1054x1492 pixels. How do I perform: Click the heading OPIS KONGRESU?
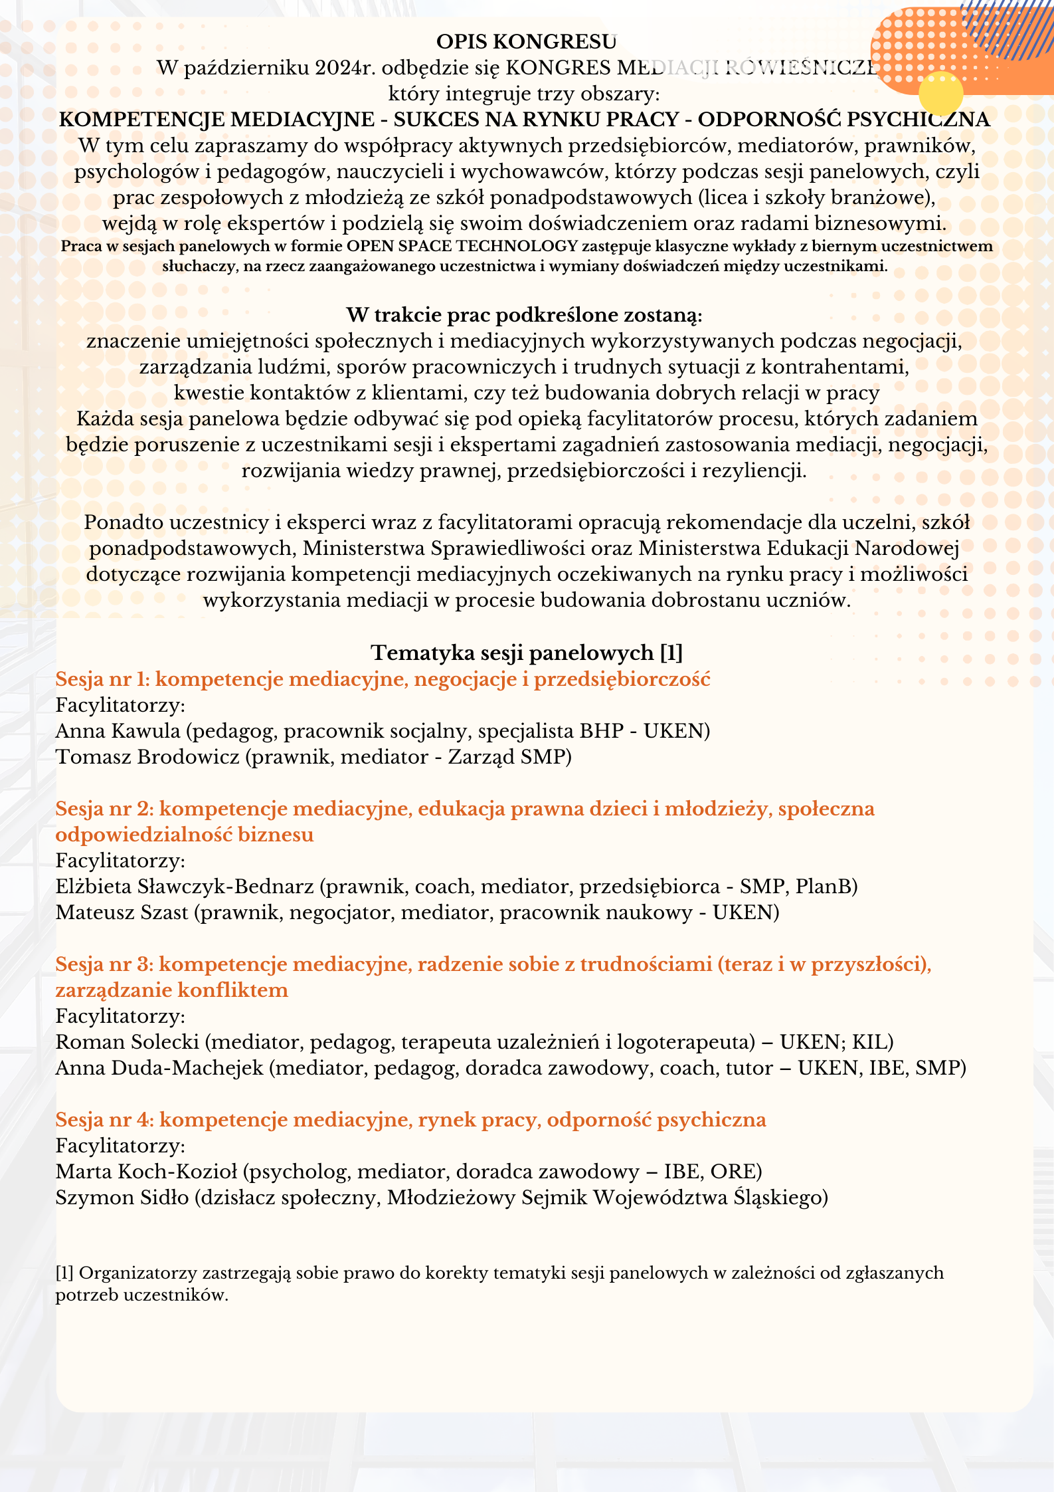point(526,42)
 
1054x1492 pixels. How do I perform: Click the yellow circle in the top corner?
point(940,94)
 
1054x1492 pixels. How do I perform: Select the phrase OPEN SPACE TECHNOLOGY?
point(462,247)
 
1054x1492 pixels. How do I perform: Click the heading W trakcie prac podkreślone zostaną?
point(524,314)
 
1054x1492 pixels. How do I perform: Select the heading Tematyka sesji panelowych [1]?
point(527,653)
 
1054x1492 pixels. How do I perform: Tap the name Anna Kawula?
point(118,731)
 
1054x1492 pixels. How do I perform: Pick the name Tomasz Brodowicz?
point(147,757)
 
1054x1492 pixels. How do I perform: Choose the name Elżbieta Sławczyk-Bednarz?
point(185,887)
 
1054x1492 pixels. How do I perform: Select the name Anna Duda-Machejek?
point(159,1068)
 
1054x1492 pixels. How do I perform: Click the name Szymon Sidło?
point(122,1198)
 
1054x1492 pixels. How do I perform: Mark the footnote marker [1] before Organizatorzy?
point(64,1273)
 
